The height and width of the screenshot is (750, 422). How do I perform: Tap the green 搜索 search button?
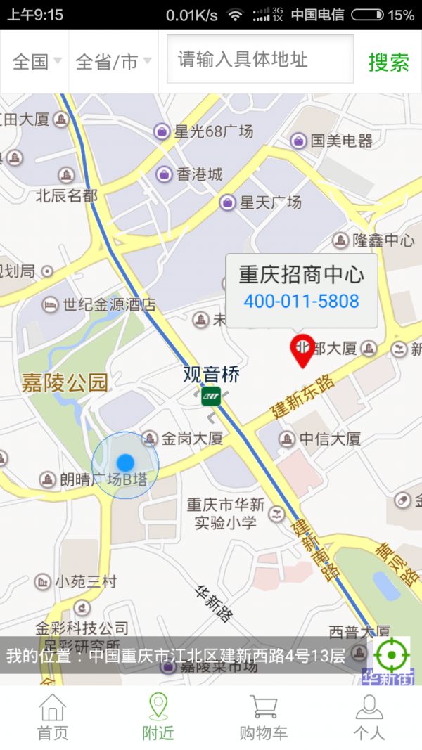(388, 62)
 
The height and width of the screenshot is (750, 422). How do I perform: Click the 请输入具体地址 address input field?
(260, 60)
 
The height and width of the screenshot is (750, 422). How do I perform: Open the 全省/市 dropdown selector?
(113, 62)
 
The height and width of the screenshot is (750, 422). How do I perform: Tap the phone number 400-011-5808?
(301, 302)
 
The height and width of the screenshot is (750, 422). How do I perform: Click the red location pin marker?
(302, 350)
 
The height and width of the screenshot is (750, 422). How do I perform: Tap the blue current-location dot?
(125, 463)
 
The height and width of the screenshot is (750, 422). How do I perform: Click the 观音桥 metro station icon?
(211, 396)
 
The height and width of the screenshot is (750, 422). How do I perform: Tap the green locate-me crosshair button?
(391, 655)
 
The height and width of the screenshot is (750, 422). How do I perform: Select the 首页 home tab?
(53, 717)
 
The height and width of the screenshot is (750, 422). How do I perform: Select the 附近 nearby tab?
(158, 717)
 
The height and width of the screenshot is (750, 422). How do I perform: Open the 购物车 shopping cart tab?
(263, 717)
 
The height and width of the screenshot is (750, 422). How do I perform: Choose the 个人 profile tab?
(369, 717)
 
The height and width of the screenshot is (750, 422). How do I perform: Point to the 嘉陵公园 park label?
(65, 383)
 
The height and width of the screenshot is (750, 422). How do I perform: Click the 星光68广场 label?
(213, 131)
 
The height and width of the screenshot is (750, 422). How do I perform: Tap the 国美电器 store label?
(341, 141)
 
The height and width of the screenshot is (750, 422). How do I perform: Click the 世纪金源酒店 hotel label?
(108, 305)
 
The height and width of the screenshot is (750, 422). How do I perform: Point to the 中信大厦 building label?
(329, 439)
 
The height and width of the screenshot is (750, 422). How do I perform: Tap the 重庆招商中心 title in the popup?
(301, 274)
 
